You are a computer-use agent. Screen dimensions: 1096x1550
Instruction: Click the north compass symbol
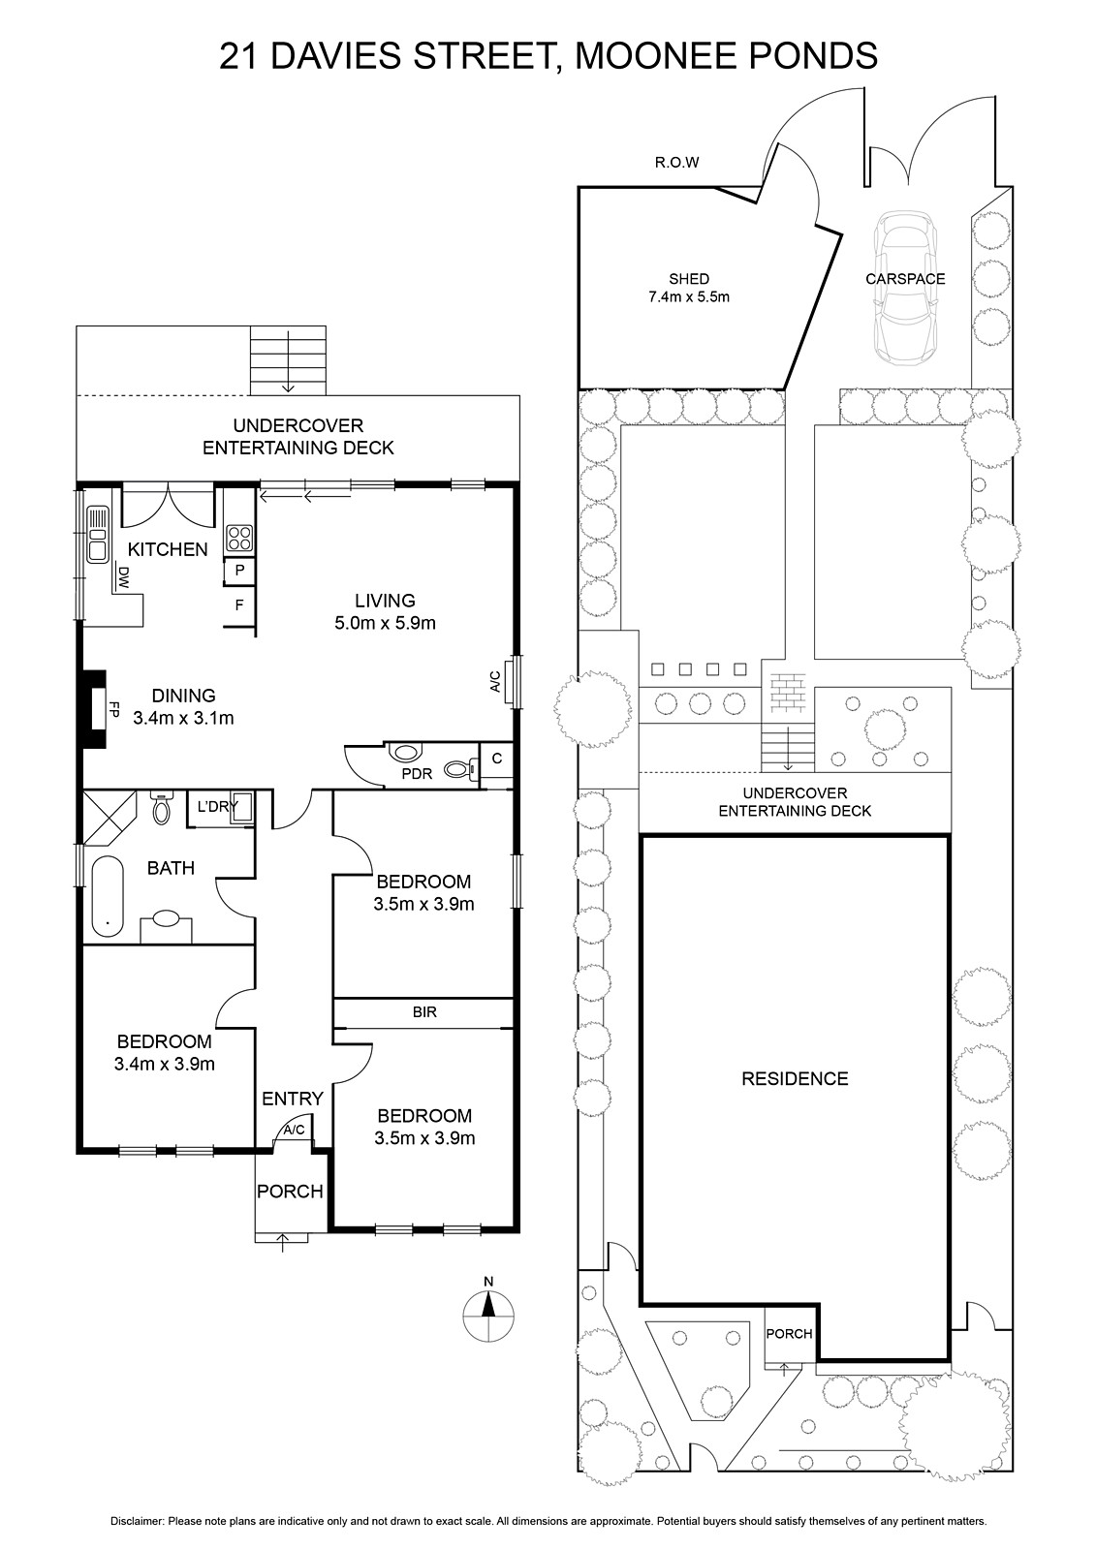pyautogui.click(x=488, y=1307)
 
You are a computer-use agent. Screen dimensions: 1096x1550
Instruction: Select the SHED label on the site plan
pyautogui.click(x=689, y=279)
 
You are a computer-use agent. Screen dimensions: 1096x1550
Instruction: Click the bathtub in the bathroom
pyautogui.click(x=107, y=897)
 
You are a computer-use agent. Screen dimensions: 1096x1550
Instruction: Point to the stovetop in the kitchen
pyautogui.click(x=239, y=538)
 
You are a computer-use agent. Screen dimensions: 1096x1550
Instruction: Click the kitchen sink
pyautogui.click(x=98, y=534)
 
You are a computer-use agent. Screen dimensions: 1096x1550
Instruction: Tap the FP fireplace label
pyautogui.click(x=114, y=709)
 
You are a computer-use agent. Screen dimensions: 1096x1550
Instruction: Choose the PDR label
pyautogui.click(x=417, y=774)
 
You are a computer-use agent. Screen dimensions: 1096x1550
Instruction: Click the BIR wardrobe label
pyautogui.click(x=424, y=1012)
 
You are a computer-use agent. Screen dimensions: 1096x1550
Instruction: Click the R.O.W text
pyautogui.click(x=677, y=163)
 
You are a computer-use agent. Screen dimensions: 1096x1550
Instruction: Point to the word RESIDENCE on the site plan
pyautogui.click(x=795, y=1079)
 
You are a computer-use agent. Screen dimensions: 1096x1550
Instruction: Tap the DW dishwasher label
pyautogui.click(x=124, y=577)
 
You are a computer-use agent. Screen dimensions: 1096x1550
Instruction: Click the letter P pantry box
pyautogui.click(x=239, y=571)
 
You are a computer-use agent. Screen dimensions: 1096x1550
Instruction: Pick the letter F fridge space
pyautogui.click(x=239, y=605)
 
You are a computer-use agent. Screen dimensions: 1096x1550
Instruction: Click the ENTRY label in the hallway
pyautogui.click(x=293, y=1099)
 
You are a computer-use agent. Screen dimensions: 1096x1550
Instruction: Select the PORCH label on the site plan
pyautogui.click(x=789, y=1333)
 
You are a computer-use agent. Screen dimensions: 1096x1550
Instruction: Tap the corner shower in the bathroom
pyautogui.click(x=110, y=819)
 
